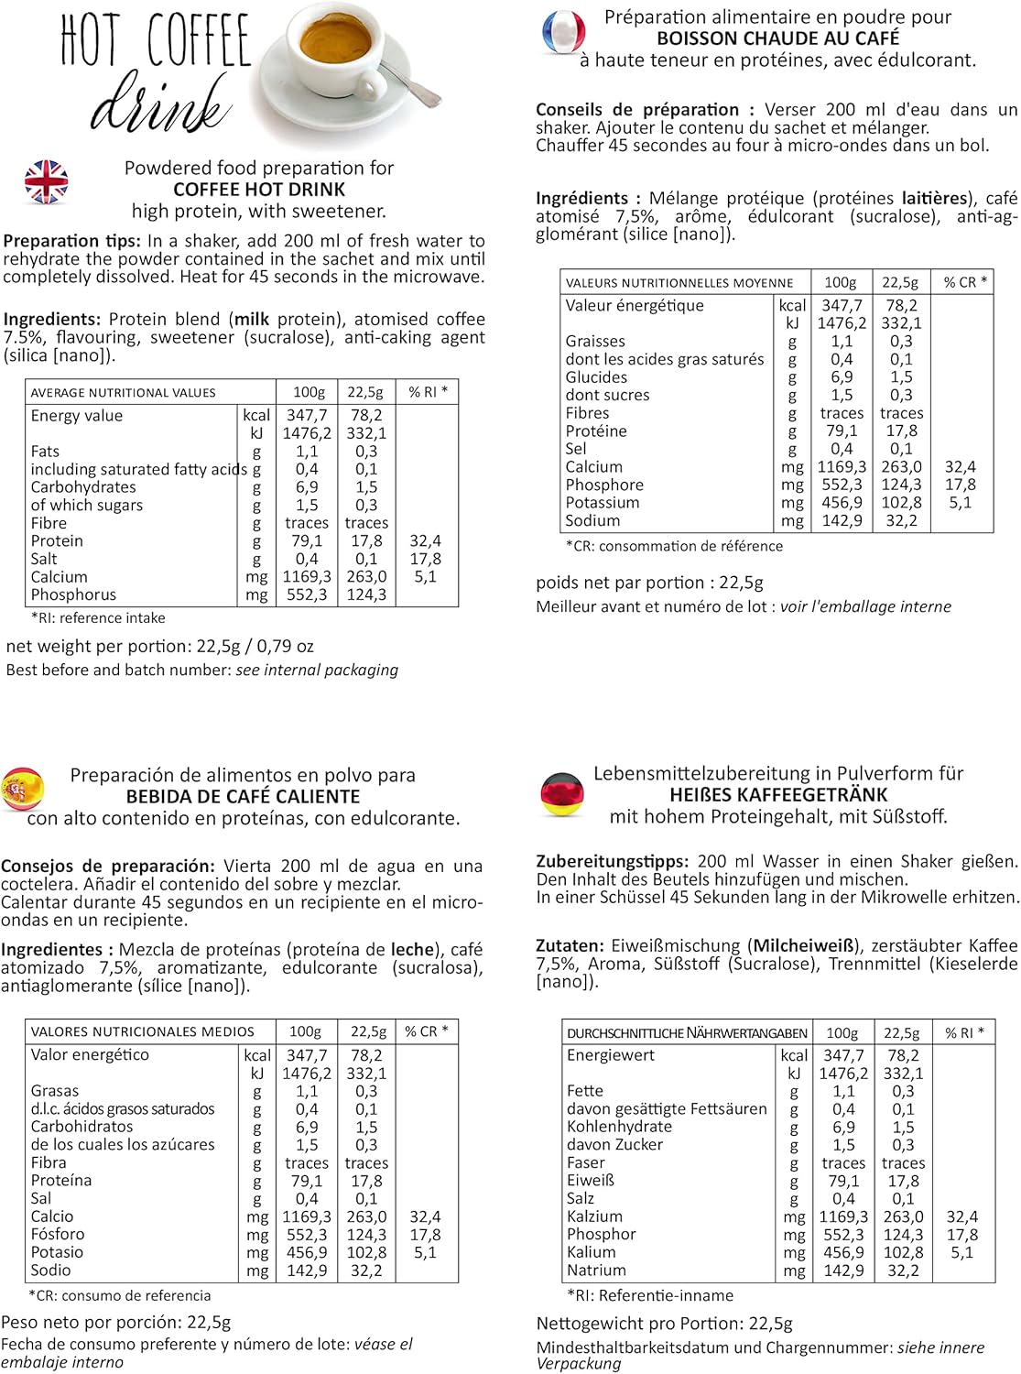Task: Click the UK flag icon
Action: click(47, 181)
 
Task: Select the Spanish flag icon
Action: click(23, 790)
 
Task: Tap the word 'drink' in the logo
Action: click(160, 105)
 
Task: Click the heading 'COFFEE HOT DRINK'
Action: click(259, 190)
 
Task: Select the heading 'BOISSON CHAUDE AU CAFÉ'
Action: click(777, 38)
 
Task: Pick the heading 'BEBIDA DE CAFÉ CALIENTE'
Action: click(243, 797)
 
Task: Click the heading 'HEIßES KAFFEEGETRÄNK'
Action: click(778, 795)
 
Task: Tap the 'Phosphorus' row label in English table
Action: click(73, 594)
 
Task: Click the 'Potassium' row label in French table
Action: click(603, 503)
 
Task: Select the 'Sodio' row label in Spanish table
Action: click(50, 1270)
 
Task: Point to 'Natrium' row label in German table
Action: click(596, 1270)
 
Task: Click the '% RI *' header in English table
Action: click(428, 392)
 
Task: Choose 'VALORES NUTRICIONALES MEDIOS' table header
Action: click(142, 1031)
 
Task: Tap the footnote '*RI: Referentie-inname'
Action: click(650, 1295)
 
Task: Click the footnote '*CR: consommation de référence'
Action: click(674, 546)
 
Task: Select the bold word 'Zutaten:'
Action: click(570, 945)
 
